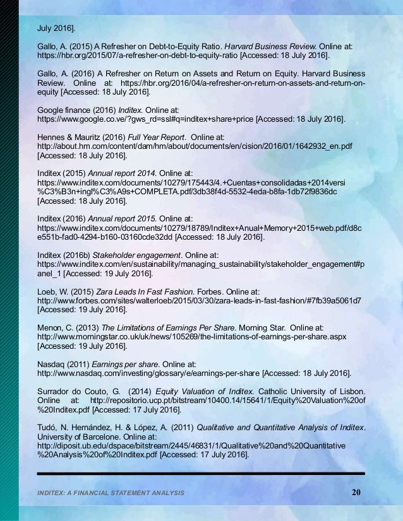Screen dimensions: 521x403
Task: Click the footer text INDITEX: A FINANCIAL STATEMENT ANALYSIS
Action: pos(111,492)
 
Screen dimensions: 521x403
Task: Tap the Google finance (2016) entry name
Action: pos(76,110)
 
